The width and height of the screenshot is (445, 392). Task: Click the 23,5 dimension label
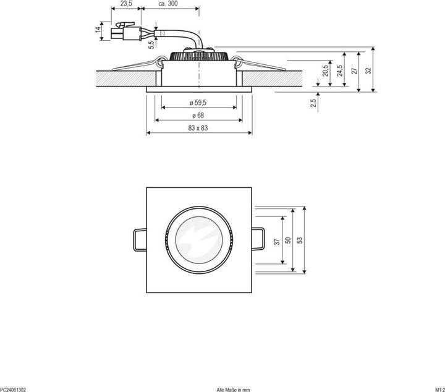125,4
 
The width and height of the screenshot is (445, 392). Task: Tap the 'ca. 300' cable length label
169,4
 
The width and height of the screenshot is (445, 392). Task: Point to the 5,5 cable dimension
150,43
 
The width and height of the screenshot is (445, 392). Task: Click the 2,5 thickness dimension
313,101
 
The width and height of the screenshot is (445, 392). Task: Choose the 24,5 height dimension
340,70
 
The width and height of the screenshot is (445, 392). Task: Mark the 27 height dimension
354,70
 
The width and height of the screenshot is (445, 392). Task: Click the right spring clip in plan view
260,239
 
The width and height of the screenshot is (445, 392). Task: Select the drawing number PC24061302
13,389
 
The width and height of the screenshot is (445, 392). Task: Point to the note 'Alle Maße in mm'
233,389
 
